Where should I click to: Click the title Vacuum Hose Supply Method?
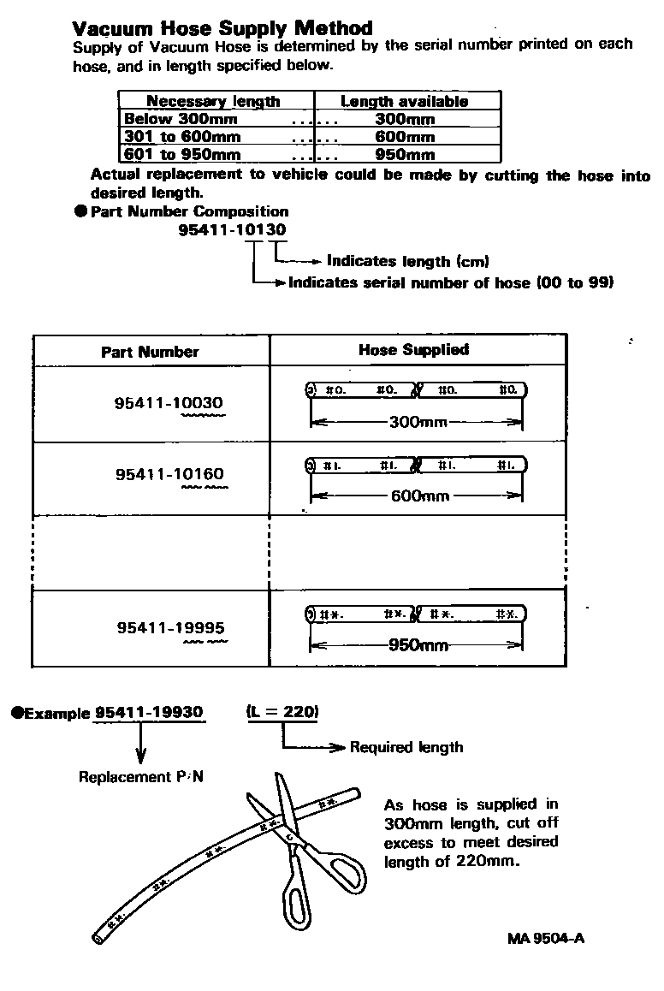(x=222, y=28)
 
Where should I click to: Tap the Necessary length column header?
(x=213, y=101)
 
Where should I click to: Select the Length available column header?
(x=404, y=101)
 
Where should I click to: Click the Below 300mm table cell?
(x=181, y=119)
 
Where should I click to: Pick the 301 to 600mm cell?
(x=182, y=137)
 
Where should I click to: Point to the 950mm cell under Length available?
(x=405, y=155)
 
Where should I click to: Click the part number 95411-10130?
(x=233, y=229)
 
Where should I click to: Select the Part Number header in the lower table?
(x=150, y=352)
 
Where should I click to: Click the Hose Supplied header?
(x=413, y=349)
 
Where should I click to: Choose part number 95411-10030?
(x=169, y=403)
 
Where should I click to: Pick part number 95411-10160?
(x=170, y=474)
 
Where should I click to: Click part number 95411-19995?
(x=171, y=628)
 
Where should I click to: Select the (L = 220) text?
(x=282, y=711)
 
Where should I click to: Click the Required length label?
(x=406, y=747)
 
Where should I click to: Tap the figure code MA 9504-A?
(x=546, y=938)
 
